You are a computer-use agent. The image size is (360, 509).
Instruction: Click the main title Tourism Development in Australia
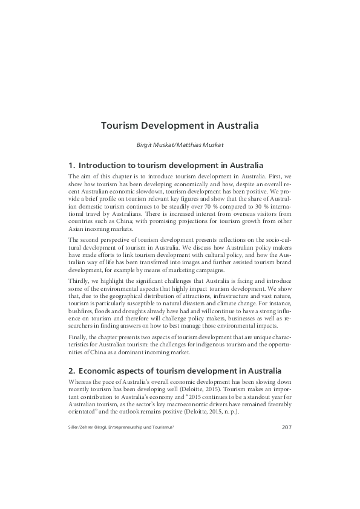tap(180, 126)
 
